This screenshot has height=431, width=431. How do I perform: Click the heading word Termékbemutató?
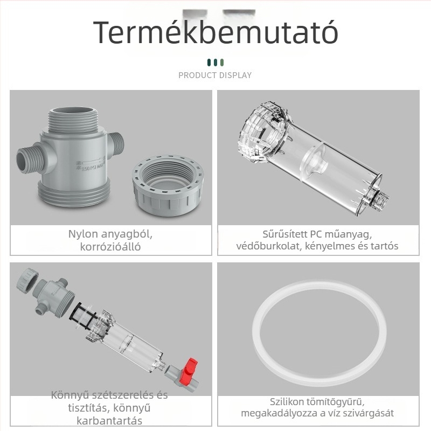pos(215,32)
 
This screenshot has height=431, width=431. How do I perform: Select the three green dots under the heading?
pos(215,62)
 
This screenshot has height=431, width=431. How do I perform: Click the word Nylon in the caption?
pos(83,234)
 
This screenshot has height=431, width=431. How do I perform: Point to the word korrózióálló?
pos(110,247)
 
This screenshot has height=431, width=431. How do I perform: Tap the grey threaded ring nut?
pos(168,185)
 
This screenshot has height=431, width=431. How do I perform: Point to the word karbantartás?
pos(109,421)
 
